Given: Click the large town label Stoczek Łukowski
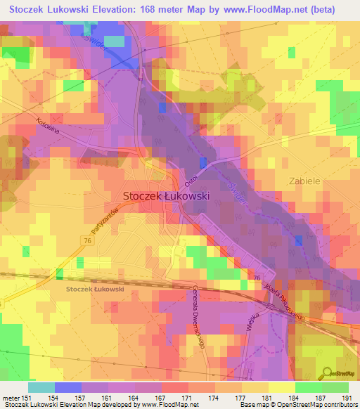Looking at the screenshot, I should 166,197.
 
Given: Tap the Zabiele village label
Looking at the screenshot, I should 304,181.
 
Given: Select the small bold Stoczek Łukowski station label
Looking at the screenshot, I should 95,289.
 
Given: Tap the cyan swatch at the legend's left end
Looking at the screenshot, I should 41,387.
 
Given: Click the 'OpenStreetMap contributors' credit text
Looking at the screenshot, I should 316,405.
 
